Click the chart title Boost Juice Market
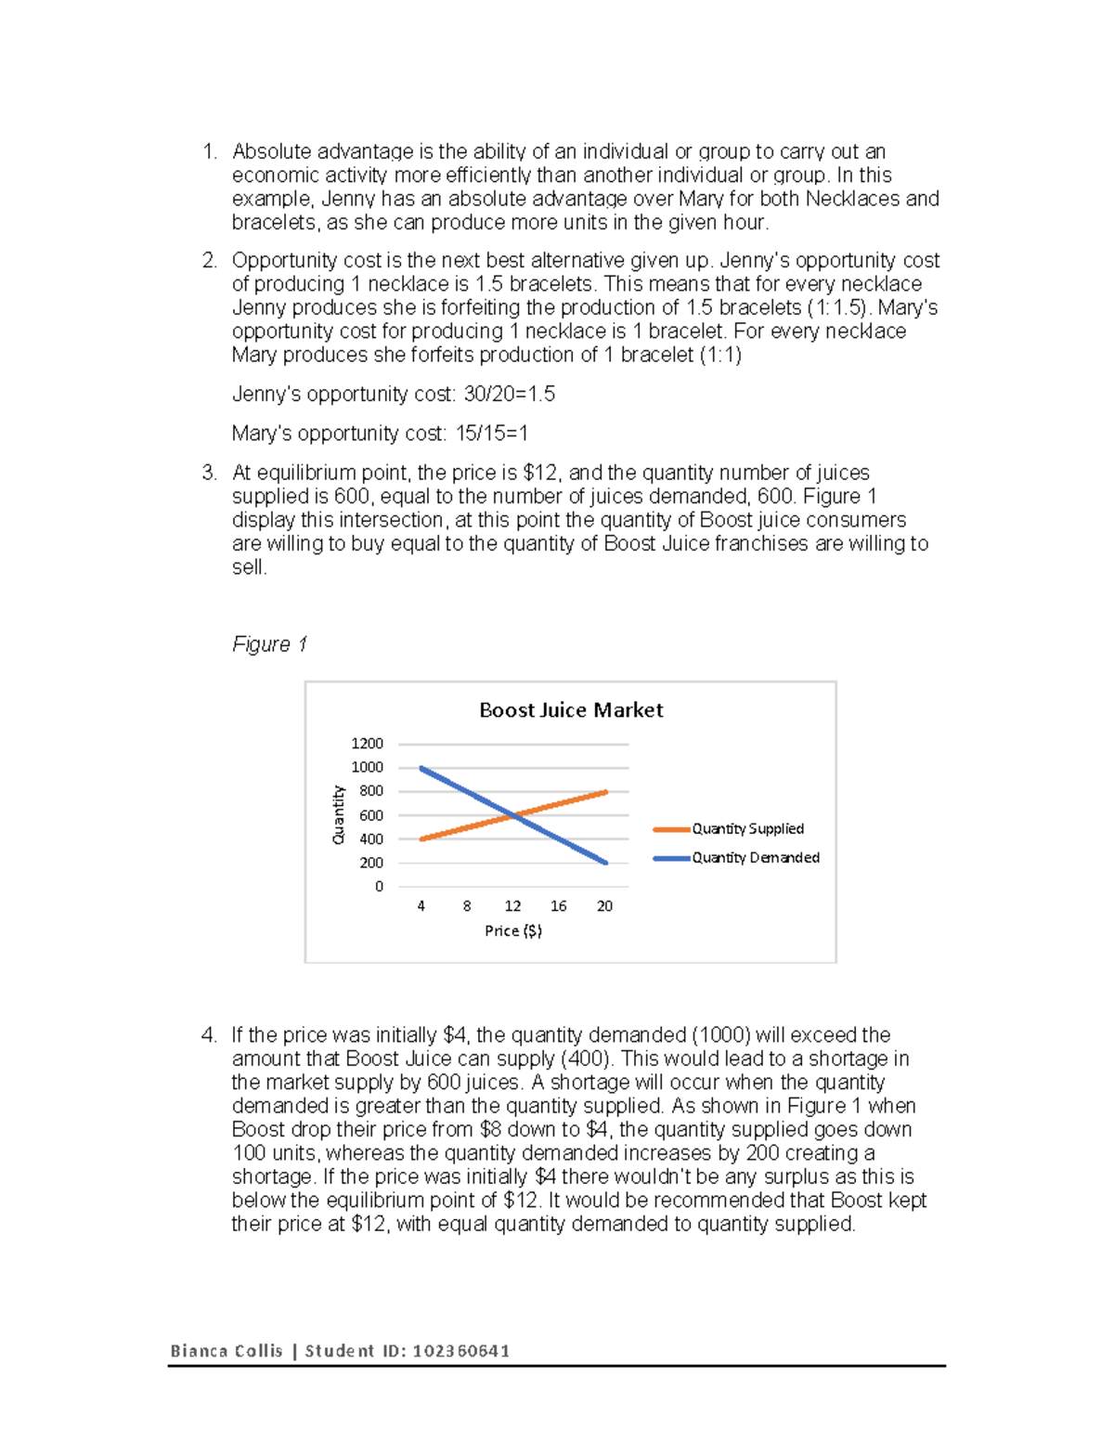571,710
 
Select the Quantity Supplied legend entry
747,829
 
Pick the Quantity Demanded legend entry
755,858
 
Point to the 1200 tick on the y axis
367,744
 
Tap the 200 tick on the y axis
371,864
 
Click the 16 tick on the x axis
559,906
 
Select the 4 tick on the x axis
421,906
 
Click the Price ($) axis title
513,930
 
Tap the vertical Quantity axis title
339,815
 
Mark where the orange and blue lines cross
513,815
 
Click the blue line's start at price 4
421,768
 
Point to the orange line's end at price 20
605,792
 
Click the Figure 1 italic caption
269,644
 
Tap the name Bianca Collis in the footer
226,1351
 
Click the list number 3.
208,473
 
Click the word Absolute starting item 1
271,151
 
